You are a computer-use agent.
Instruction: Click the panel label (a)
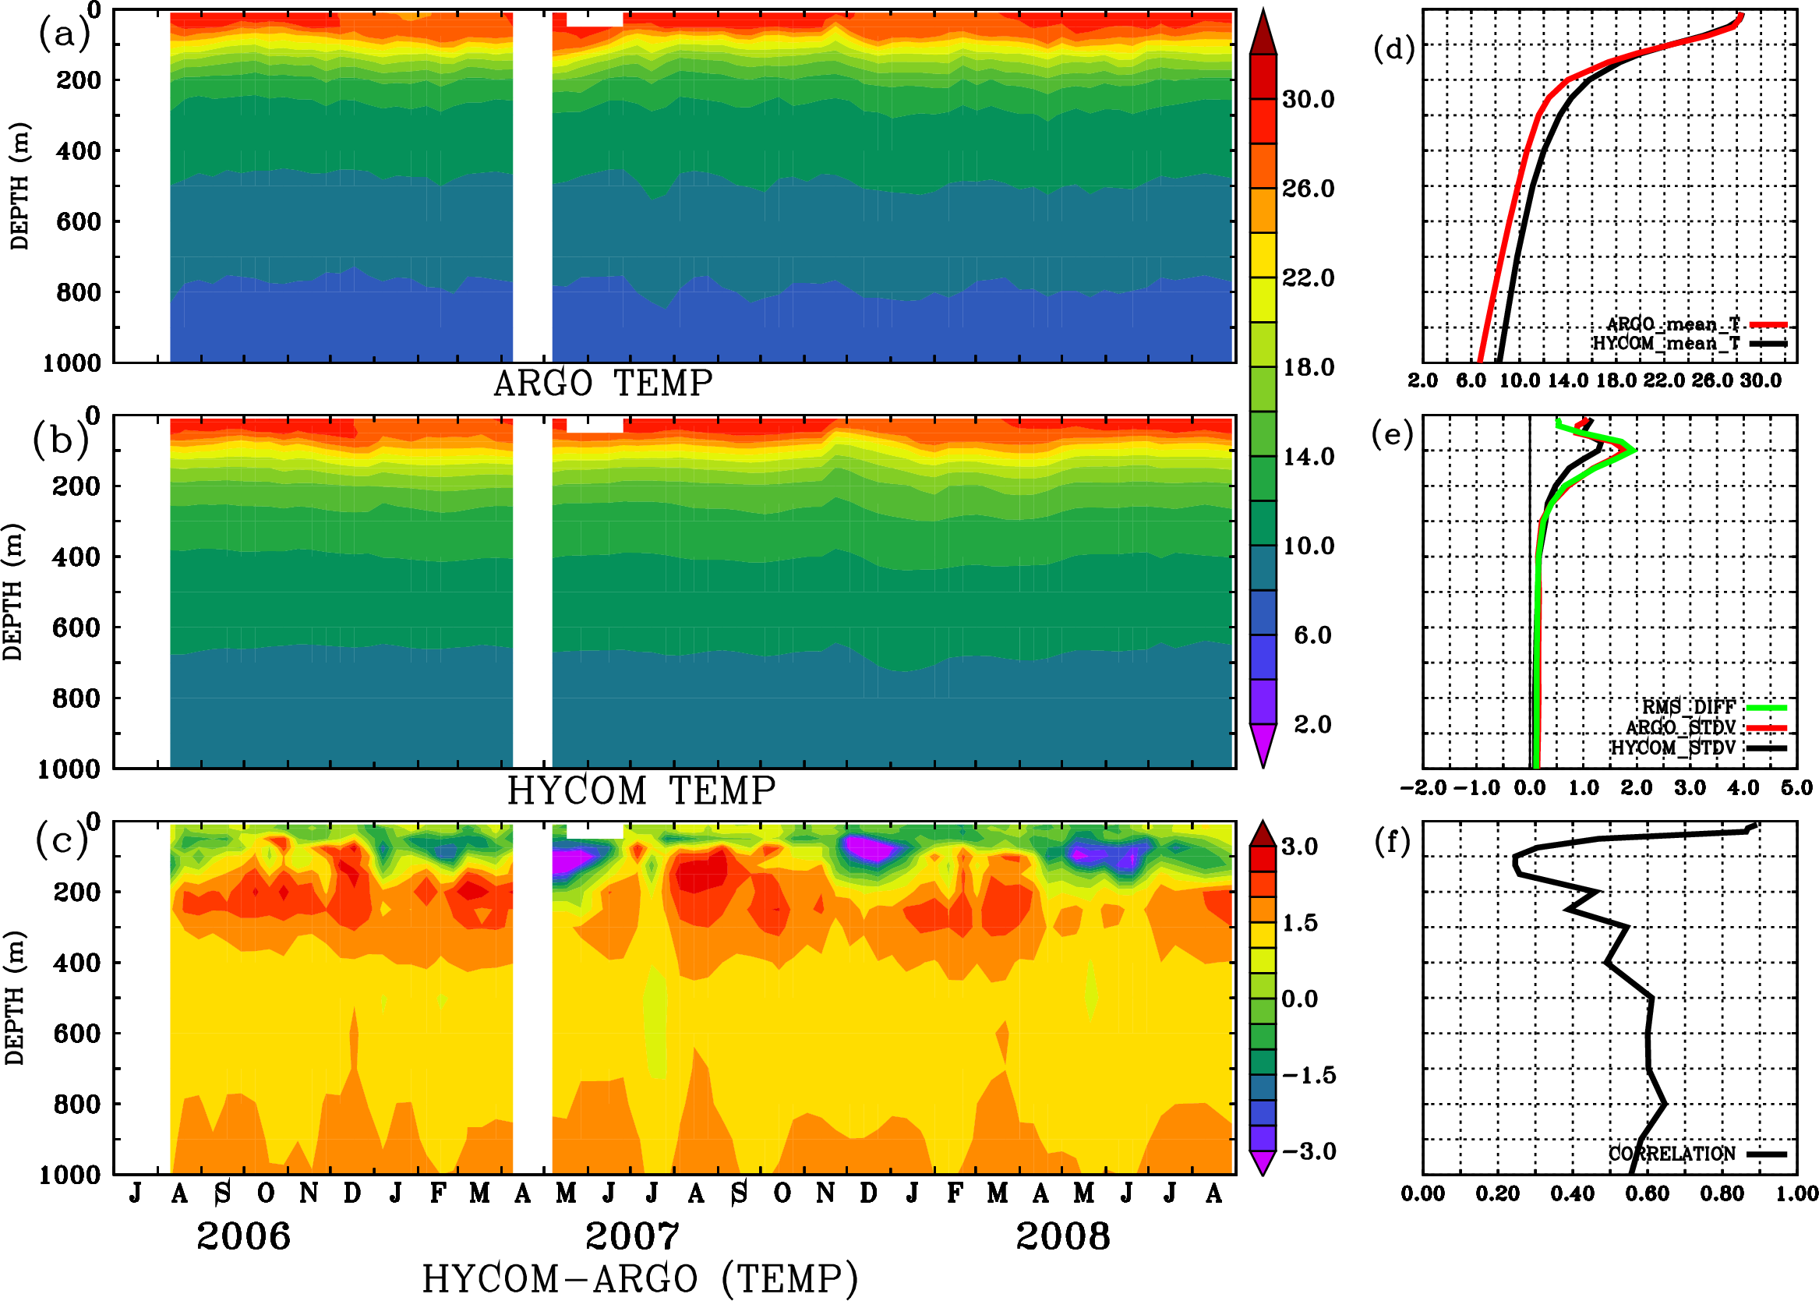(x=64, y=34)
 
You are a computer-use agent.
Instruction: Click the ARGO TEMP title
(x=602, y=384)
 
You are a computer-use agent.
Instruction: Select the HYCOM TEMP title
(x=641, y=790)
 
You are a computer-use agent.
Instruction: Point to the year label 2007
(x=632, y=1236)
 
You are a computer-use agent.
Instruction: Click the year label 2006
(x=243, y=1236)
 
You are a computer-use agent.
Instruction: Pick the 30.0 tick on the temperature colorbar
(x=1308, y=99)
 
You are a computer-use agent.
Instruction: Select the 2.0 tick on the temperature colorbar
(x=1312, y=724)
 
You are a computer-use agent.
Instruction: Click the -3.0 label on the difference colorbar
(x=1309, y=1151)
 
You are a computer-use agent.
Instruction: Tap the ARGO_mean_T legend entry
(x=1673, y=323)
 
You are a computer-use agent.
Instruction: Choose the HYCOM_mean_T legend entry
(x=1666, y=343)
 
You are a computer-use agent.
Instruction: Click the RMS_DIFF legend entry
(x=1688, y=706)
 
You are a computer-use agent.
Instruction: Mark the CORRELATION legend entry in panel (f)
(x=1672, y=1154)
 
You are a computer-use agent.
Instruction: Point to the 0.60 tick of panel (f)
(x=1647, y=1193)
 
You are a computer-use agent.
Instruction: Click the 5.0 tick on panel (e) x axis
(x=1796, y=787)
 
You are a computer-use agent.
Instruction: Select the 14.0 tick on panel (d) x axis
(x=1567, y=380)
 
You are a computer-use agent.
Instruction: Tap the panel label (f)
(x=1392, y=841)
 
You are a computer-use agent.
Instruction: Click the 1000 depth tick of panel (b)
(x=69, y=769)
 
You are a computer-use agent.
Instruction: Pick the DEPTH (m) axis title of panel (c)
(x=14, y=997)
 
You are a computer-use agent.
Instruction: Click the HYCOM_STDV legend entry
(x=1672, y=748)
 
